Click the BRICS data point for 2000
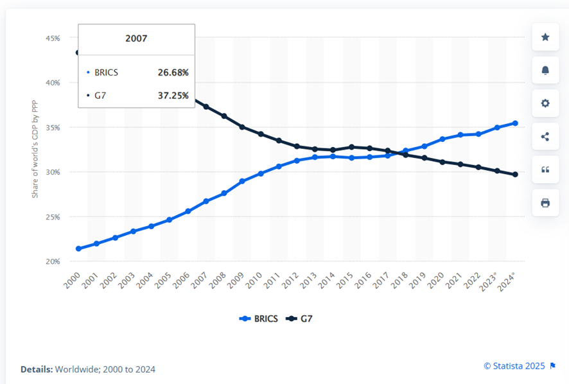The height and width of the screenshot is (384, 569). coord(78,249)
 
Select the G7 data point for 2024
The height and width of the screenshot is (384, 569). coord(516,175)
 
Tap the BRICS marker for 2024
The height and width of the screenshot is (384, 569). coord(516,123)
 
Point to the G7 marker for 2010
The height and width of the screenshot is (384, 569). coord(261,134)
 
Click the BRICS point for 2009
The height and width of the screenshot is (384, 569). coord(242,181)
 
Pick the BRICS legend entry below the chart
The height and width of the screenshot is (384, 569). coord(258,319)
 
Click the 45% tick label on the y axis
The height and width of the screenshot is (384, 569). coord(53,39)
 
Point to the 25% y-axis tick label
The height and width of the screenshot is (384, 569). coord(53,217)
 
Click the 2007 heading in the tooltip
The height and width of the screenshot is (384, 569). coord(136,39)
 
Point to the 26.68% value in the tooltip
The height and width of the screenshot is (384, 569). coord(173,73)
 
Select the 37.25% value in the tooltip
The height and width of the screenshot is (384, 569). coord(173,96)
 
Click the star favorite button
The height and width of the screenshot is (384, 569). coord(545,37)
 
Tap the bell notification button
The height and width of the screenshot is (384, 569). coord(545,70)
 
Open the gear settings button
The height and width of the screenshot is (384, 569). coord(545,103)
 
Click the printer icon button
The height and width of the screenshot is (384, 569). coord(545,203)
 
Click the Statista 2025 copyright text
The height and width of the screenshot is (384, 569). coord(514,365)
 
